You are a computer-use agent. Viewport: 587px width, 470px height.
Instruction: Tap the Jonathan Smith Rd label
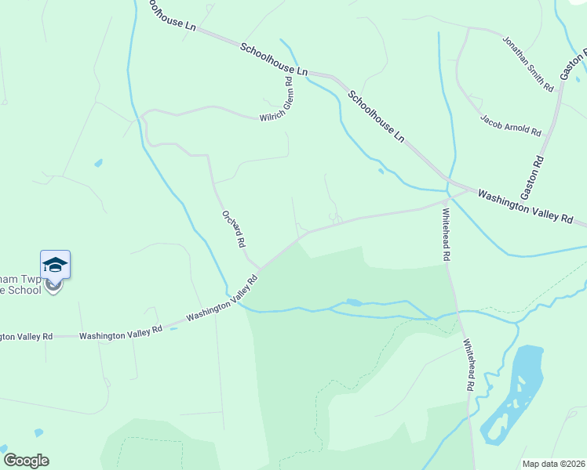pyautogui.click(x=527, y=63)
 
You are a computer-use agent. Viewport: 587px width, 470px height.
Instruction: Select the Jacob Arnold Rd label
pyautogui.click(x=511, y=124)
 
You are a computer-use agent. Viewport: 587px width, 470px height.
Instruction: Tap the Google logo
pyautogui.click(x=25, y=461)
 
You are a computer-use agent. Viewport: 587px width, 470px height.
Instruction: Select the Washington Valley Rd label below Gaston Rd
pyautogui.click(x=525, y=207)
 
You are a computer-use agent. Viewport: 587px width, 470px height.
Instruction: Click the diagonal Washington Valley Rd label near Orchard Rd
pyautogui.click(x=222, y=298)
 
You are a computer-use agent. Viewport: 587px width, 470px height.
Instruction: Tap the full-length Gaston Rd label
pyautogui.click(x=532, y=176)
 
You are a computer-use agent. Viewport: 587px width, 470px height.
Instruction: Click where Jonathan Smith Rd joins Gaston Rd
pyautogui.click(x=560, y=92)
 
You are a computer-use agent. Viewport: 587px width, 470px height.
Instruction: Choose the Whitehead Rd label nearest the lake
pyautogui.click(x=468, y=364)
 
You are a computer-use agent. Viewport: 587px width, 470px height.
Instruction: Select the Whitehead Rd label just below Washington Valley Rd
pyautogui.click(x=445, y=234)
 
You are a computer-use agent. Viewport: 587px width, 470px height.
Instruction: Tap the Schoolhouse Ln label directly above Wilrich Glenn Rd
pyautogui.click(x=266, y=57)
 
